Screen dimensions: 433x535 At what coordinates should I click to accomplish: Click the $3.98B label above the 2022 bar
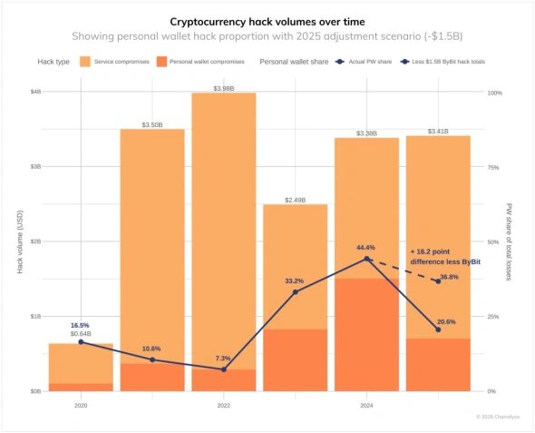coord(224,87)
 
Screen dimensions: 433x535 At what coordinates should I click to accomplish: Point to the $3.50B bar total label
coord(152,123)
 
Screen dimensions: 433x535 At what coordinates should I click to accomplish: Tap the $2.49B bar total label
coord(296,199)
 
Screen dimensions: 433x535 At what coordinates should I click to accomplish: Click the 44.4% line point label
coord(366,247)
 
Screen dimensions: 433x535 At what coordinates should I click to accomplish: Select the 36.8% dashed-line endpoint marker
coord(438,281)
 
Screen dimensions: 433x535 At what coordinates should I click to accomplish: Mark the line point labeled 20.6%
coord(438,330)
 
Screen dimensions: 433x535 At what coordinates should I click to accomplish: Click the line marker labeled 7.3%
coord(224,369)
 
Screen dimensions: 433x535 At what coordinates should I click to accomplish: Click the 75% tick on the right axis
coord(495,167)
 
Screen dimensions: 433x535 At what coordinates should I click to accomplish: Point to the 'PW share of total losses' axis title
coord(510,241)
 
